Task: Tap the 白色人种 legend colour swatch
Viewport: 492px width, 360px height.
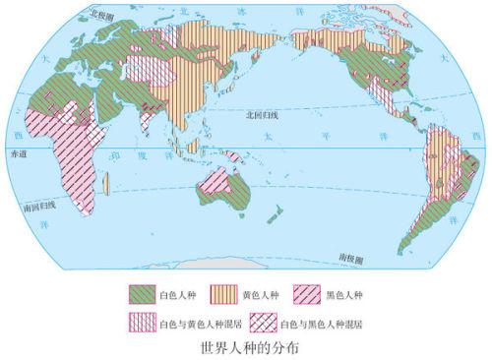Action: click(144, 292)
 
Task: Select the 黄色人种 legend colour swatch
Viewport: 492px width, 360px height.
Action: click(222, 292)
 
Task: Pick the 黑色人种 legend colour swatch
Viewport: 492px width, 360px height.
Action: click(305, 292)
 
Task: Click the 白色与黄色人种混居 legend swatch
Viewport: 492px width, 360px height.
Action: click(144, 320)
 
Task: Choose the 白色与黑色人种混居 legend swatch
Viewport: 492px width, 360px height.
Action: click(262, 320)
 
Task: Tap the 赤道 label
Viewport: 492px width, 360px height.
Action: click(19, 154)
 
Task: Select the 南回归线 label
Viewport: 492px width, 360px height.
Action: click(35, 210)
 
